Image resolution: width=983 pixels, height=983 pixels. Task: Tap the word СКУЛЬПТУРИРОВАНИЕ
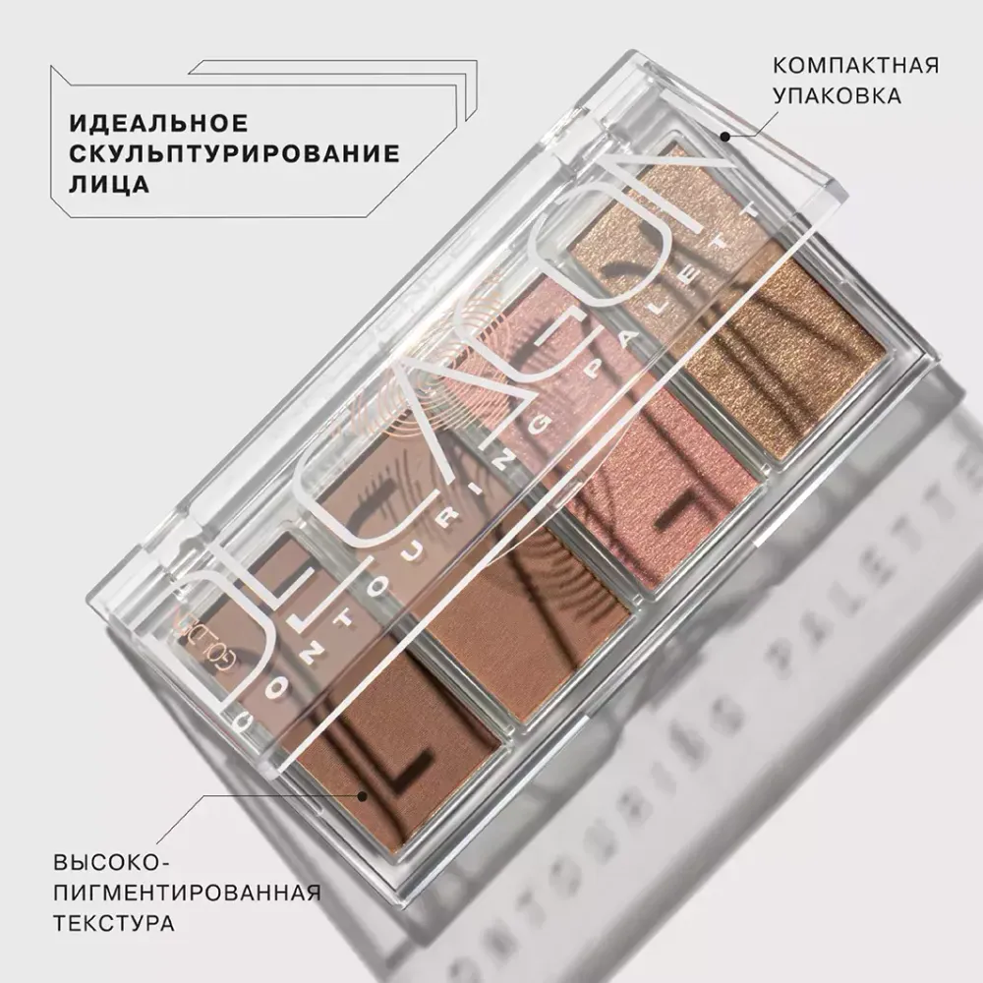coord(234,154)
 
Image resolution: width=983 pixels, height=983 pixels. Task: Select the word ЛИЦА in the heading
coord(108,185)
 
